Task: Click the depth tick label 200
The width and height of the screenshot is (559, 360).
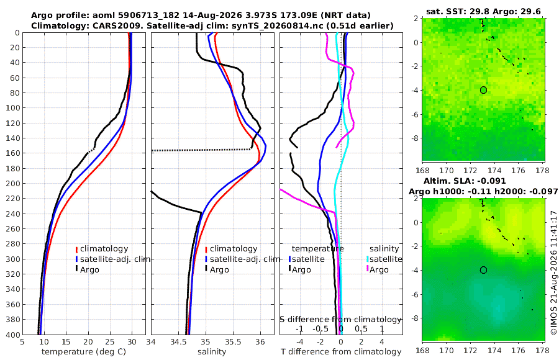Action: (x=13, y=183)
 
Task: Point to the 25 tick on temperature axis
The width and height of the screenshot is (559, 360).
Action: (x=110, y=342)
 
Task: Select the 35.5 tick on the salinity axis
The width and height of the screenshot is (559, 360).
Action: (x=233, y=342)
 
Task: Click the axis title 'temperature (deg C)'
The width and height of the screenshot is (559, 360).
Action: (x=84, y=352)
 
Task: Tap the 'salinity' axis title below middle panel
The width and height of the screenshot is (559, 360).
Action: (x=212, y=352)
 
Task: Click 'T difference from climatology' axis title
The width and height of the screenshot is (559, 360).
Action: (x=341, y=352)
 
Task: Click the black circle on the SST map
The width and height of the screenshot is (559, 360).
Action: (x=483, y=90)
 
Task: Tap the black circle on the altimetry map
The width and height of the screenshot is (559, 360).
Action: (x=483, y=270)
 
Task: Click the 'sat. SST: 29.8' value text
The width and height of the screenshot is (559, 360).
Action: (x=458, y=12)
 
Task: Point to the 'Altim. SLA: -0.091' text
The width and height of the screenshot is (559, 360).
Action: (x=465, y=181)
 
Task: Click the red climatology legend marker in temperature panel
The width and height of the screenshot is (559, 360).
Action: (x=76, y=249)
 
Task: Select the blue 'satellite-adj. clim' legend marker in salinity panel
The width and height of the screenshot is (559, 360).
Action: (x=206, y=259)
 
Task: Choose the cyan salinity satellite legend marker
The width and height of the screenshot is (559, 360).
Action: (x=367, y=259)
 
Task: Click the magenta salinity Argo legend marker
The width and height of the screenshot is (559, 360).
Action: (x=367, y=269)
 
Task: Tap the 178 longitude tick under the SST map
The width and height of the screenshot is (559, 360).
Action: (x=543, y=171)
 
